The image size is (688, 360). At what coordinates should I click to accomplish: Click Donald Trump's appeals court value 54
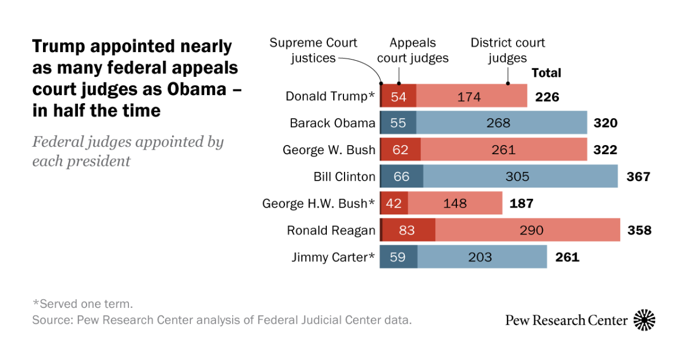[x=399, y=96]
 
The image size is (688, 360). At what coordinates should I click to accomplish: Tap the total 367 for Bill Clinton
[x=639, y=176]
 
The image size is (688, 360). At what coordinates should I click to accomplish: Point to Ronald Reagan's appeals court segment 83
[x=408, y=230]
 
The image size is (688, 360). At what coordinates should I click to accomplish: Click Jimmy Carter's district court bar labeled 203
[x=482, y=257]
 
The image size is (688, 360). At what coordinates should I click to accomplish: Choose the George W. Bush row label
[x=329, y=150]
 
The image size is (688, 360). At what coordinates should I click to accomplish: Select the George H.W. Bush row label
[x=319, y=204]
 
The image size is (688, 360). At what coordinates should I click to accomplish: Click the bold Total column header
[x=546, y=73]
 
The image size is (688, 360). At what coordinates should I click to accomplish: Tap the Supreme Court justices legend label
[x=314, y=50]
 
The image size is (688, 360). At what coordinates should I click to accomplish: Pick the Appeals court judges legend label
[x=413, y=50]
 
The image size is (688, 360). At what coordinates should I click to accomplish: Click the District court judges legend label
[x=507, y=50]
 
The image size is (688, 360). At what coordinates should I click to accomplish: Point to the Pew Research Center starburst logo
[x=644, y=320]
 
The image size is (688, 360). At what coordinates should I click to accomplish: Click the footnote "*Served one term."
[x=83, y=304]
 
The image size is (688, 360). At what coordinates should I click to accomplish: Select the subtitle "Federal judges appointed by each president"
[x=127, y=151]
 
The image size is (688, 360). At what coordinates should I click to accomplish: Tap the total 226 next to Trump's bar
[x=547, y=97]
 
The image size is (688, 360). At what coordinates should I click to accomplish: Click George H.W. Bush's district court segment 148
[x=455, y=204]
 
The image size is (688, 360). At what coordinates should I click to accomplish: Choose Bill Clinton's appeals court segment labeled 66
[x=401, y=177]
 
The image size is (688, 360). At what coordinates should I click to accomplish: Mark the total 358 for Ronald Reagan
[x=639, y=230]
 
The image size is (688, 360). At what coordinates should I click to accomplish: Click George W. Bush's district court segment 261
[x=503, y=150]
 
